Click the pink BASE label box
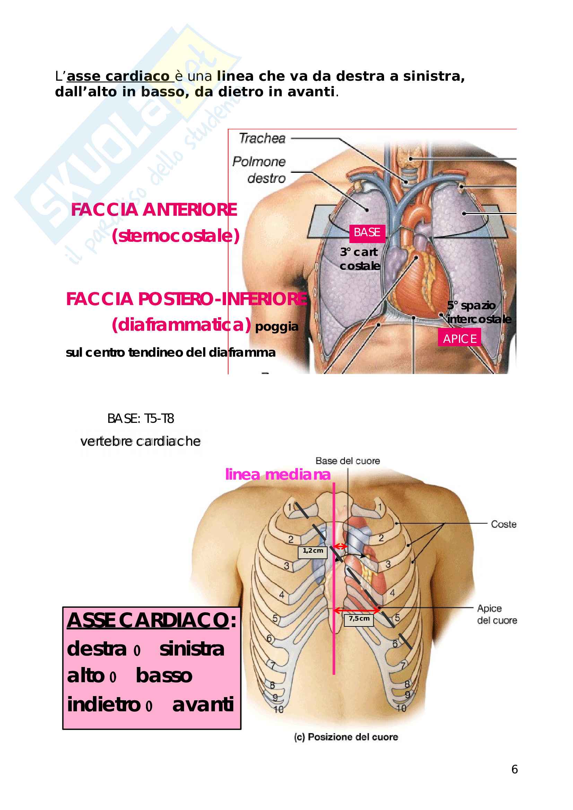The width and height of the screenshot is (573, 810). pyautogui.click(x=367, y=233)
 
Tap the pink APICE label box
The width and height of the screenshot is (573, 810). pyautogui.click(x=459, y=339)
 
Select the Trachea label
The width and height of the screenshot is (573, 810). pyautogui.click(x=262, y=138)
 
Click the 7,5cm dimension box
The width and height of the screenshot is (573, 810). pyautogui.click(x=359, y=620)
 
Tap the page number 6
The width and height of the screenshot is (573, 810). pyautogui.click(x=514, y=769)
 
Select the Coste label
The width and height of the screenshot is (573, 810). pyautogui.click(x=503, y=524)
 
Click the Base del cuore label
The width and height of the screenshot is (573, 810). pyautogui.click(x=347, y=461)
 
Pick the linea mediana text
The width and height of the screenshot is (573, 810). pyautogui.click(x=278, y=474)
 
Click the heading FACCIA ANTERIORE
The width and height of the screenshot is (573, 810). pyautogui.click(x=154, y=210)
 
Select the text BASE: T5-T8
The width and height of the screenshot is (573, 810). pyautogui.click(x=140, y=419)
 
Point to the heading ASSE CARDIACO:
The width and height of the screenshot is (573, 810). pyautogui.click(x=151, y=620)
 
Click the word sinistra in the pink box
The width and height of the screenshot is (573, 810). pyautogui.click(x=192, y=649)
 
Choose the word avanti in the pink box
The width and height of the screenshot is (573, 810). pyautogui.click(x=203, y=705)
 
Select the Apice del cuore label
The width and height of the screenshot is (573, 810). pyautogui.click(x=497, y=614)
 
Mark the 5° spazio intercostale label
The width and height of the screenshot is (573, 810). pyautogui.click(x=479, y=312)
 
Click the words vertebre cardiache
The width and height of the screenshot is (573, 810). pyautogui.click(x=140, y=441)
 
